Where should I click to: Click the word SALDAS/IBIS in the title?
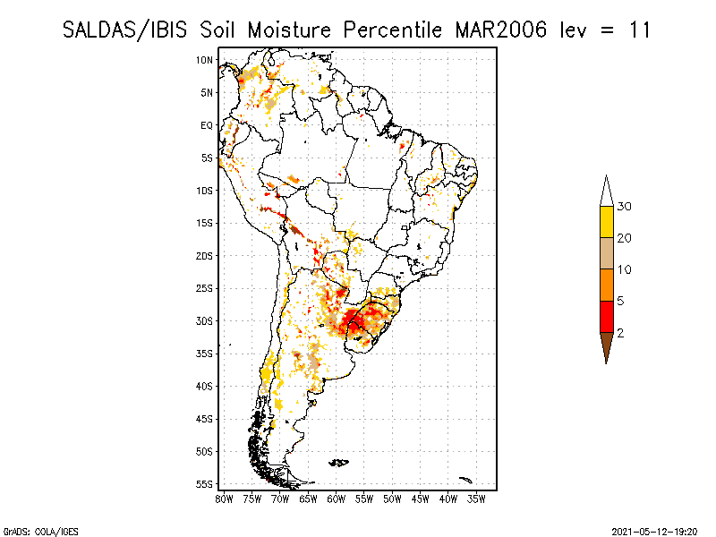tap(124, 30)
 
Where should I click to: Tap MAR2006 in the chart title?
tap(500, 30)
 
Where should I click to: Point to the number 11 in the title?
tap(639, 30)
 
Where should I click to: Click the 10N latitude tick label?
tap(205, 60)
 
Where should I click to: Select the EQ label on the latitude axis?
tap(207, 125)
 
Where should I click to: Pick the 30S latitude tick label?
tap(205, 321)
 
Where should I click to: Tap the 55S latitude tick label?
tap(205, 484)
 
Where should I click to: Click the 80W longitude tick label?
tap(224, 499)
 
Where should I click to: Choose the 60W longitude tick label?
tap(337, 499)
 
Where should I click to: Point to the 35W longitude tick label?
tap(476, 499)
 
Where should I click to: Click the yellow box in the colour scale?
tap(607, 222)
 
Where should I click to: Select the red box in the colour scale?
tap(607, 317)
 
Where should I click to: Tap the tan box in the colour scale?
tap(607, 253)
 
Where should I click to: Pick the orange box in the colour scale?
tap(607, 286)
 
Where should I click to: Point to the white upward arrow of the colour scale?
tap(607, 192)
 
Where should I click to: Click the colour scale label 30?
tap(624, 207)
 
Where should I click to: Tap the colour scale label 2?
tap(620, 333)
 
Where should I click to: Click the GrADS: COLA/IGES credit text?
tap(41, 532)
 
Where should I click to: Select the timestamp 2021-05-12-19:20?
tap(654, 532)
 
